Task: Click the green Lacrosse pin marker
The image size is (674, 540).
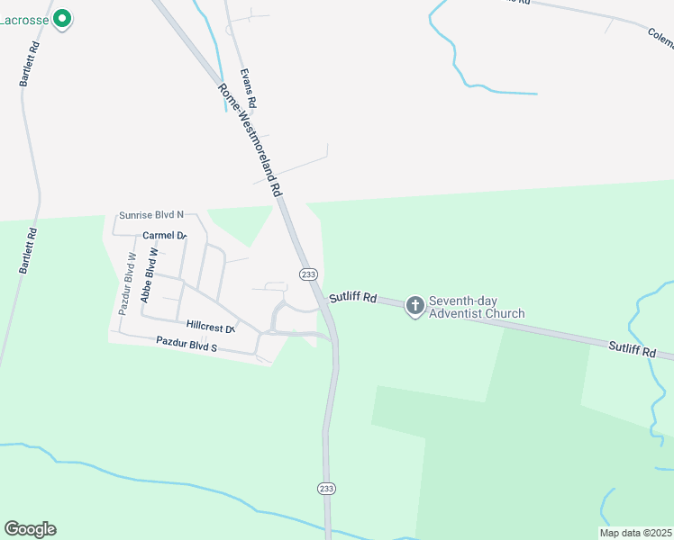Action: click(x=62, y=18)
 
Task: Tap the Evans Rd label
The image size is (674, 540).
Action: click(x=249, y=90)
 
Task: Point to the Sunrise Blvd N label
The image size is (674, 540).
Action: click(x=151, y=215)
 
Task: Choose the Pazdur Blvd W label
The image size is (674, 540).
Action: click(x=127, y=283)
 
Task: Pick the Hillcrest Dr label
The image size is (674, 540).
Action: click(x=211, y=326)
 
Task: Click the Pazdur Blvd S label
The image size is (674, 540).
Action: click(x=187, y=344)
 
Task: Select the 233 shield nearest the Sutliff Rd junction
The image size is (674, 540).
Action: click(x=308, y=274)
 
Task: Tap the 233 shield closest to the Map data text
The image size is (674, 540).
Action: click(x=326, y=488)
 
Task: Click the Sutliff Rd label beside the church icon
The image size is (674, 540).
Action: click(x=352, y=297)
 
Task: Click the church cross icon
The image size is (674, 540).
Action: click(x=414, y=306)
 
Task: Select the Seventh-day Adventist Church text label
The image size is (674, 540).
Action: click(x=477, y=307)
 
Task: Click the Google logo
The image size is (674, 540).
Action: click(x=30, y=529)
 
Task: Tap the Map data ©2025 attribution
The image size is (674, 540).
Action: click(x=635, y=533)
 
